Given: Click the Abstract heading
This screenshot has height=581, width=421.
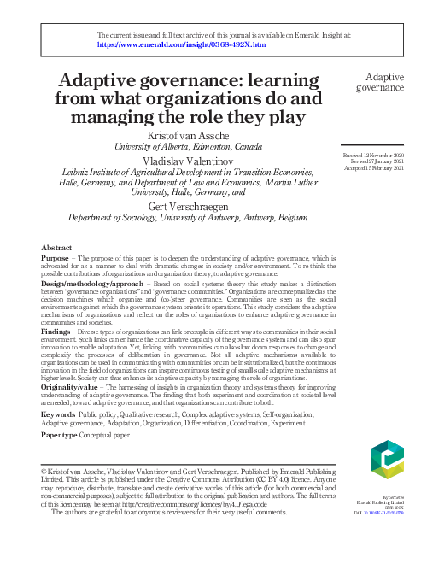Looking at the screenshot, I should point(56,248).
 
